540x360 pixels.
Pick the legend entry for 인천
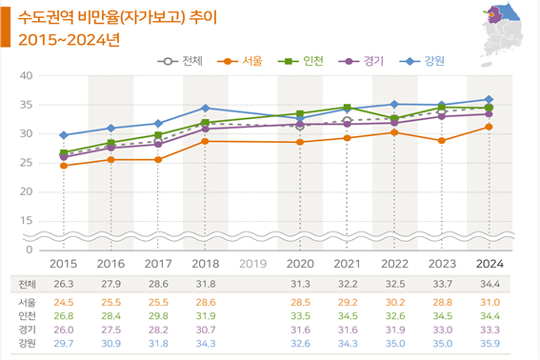[x=306, y=61]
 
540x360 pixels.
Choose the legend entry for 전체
[x=186, y=61]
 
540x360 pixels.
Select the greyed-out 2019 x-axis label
[x=252, y=264]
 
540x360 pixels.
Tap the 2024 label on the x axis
[x=489, y=264]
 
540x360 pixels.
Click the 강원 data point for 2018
[x=206, y=109]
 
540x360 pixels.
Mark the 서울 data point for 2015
[x=64, y=166]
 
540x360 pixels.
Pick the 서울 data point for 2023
[x=441, y=140]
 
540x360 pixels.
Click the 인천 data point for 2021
[x=347, y=107]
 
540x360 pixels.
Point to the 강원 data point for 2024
[x=489, y=99]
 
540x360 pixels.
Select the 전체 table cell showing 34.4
[x=489, y=285]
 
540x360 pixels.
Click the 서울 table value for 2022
[x=394, y=303]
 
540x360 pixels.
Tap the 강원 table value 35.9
[x=489, y=343]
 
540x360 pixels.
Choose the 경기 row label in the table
[x=28, y=330]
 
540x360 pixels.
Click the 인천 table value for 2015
[x=64, y=316]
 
